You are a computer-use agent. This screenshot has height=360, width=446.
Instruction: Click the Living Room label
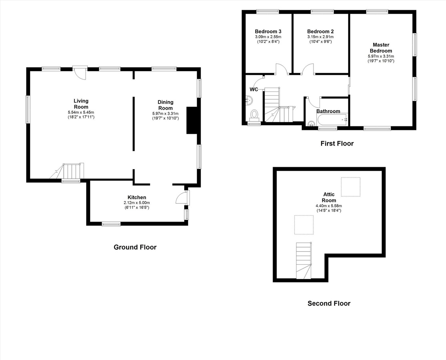click(x=81, y=104)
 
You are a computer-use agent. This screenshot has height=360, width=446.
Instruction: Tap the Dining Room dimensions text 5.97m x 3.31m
click(x=165, y=114)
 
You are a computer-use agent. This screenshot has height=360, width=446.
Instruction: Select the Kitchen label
click(x=137, y=197)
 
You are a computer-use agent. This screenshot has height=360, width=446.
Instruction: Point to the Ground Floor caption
click(x=135, y=247)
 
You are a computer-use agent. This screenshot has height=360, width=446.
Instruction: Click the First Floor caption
click(x=337, y=143)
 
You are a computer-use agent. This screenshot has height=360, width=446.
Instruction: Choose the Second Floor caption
click(x=329, y=303)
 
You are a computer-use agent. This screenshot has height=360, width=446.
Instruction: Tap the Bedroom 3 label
click(x=268, y=32)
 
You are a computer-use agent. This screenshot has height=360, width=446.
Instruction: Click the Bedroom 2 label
click(x=320, y=32)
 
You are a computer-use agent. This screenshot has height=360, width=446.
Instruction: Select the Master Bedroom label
click(x=381, y=48)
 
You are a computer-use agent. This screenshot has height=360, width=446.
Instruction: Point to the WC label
click(x=254, y=89)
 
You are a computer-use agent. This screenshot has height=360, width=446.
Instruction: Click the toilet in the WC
click(x=254, y=115)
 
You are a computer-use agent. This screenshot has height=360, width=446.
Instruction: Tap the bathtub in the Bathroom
click(x=332, y=119)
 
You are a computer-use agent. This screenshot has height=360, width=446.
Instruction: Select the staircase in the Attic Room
click(x=303, y=260)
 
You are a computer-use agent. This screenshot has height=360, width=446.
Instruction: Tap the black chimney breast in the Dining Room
click(x=191, y=120)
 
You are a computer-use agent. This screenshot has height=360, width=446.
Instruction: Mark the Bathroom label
click(x=328, y=111)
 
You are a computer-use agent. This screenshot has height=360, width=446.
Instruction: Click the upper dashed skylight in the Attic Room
click(x=350, y=187)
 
